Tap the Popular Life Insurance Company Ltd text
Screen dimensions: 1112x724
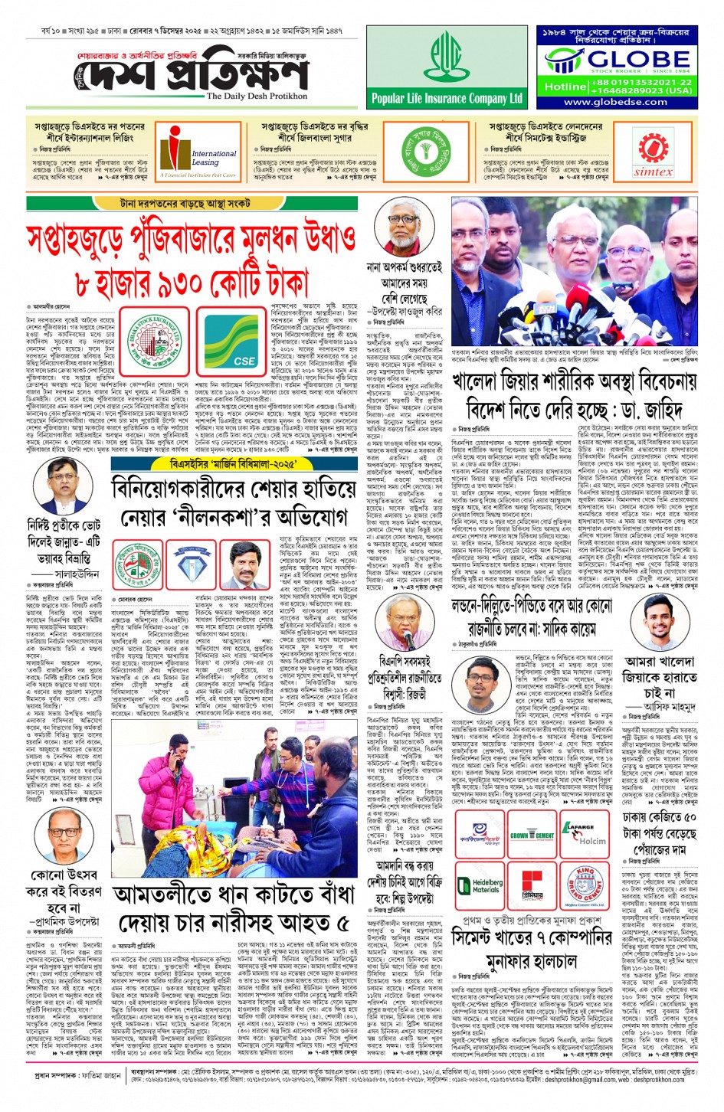click(x=447, y=98)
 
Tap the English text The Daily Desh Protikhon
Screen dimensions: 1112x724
click(x=257, y=96)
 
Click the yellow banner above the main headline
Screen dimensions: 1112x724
click(x=174, y=204)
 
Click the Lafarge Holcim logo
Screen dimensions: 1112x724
click(x=585, y=835)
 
